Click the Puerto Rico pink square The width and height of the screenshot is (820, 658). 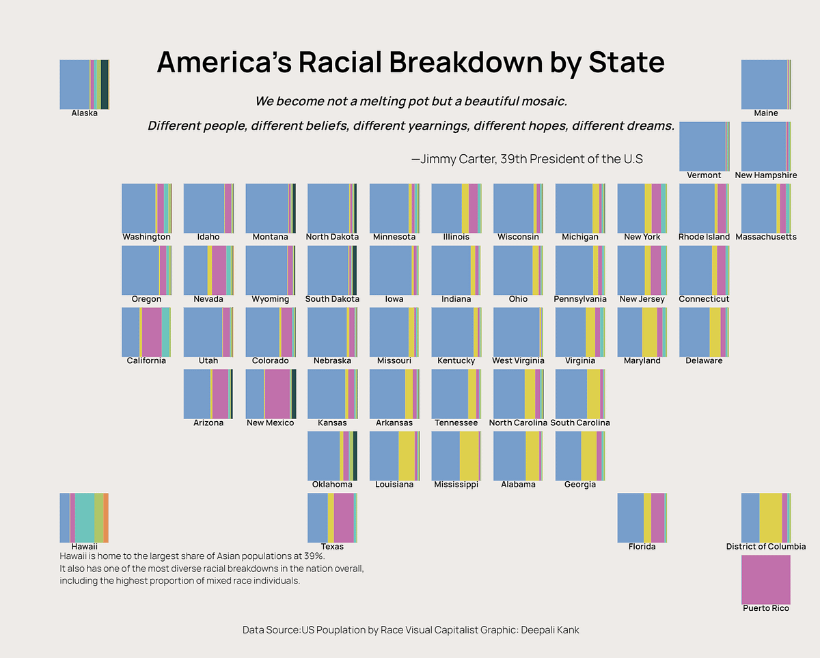click(x=765, y=579)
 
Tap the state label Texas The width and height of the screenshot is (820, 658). click(x=332, y=546)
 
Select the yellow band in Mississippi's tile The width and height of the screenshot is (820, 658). click(x=469, y=456)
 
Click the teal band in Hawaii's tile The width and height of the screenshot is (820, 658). click(x=84, y=517)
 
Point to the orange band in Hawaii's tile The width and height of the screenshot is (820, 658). click(x=106, y=517)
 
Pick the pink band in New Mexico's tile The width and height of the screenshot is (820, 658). click(x=277, y=394)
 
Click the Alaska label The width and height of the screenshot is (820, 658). click(x=84, y=113)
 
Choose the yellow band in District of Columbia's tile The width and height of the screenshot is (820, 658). click(x=770, y=517)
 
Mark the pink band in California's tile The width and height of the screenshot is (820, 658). click(x=152, y=332)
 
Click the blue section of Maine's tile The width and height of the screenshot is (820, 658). click(x=763, y=85)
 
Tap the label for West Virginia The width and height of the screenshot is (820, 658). click(x=518, y=360)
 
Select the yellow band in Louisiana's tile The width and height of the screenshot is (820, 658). click(x=407, y=456)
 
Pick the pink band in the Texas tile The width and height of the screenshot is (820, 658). click(x=344, y=517)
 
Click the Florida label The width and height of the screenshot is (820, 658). click(x=642, y=546)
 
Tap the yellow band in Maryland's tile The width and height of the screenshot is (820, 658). click(x=649, y=332)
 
